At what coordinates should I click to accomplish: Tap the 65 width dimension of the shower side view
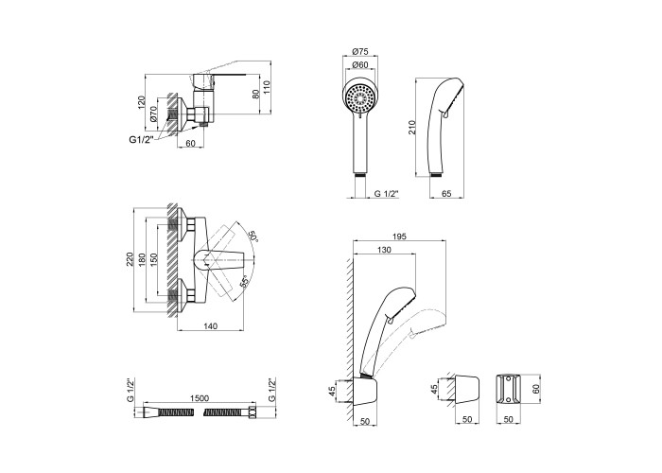pos(445,194)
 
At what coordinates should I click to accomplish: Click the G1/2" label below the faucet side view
pos(143,141)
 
